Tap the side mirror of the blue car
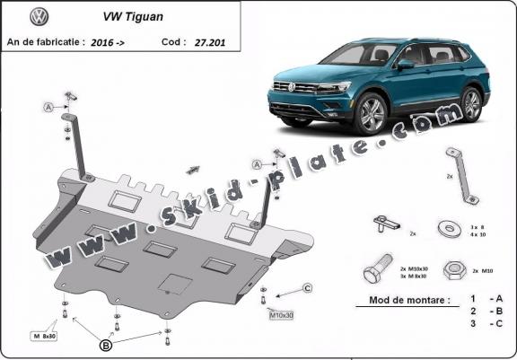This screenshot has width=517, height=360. click(407, 65)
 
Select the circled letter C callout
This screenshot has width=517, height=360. click(306, 287)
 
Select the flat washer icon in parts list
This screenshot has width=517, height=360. click(447, 228)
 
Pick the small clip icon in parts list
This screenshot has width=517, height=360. click(387, 223)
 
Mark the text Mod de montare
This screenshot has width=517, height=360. click(403, 300)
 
